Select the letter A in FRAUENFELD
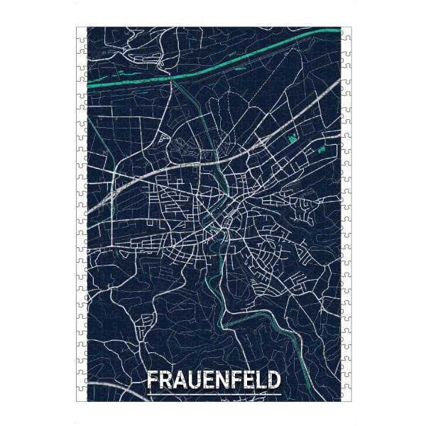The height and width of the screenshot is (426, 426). [179, 380]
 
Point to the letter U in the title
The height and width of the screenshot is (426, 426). [194, 380]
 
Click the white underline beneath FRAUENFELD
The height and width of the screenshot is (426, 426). [213, 394]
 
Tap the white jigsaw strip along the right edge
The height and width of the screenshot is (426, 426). [346, 213]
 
